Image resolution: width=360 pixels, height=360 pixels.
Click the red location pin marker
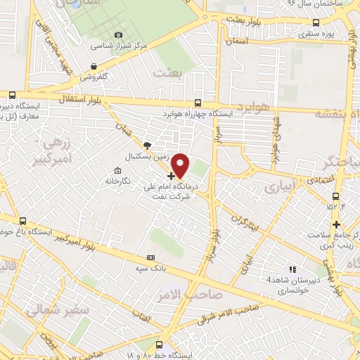tap(181, 165)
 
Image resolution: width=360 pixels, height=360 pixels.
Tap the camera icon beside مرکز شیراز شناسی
tap(118, 35)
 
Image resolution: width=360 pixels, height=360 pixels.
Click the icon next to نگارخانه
tap(117, 169)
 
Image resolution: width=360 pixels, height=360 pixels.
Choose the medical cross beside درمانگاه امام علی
tap(172, 175)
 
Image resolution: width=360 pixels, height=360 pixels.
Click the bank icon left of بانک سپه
tap(151, 257)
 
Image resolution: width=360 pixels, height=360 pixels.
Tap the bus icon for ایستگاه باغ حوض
tap(23, 220)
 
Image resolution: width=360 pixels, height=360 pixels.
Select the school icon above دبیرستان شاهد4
tap(292, 269)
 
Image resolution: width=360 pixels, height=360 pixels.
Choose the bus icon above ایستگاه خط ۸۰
tap(158, 345)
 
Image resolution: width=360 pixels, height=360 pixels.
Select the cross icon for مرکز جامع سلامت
tap(337, 225)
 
